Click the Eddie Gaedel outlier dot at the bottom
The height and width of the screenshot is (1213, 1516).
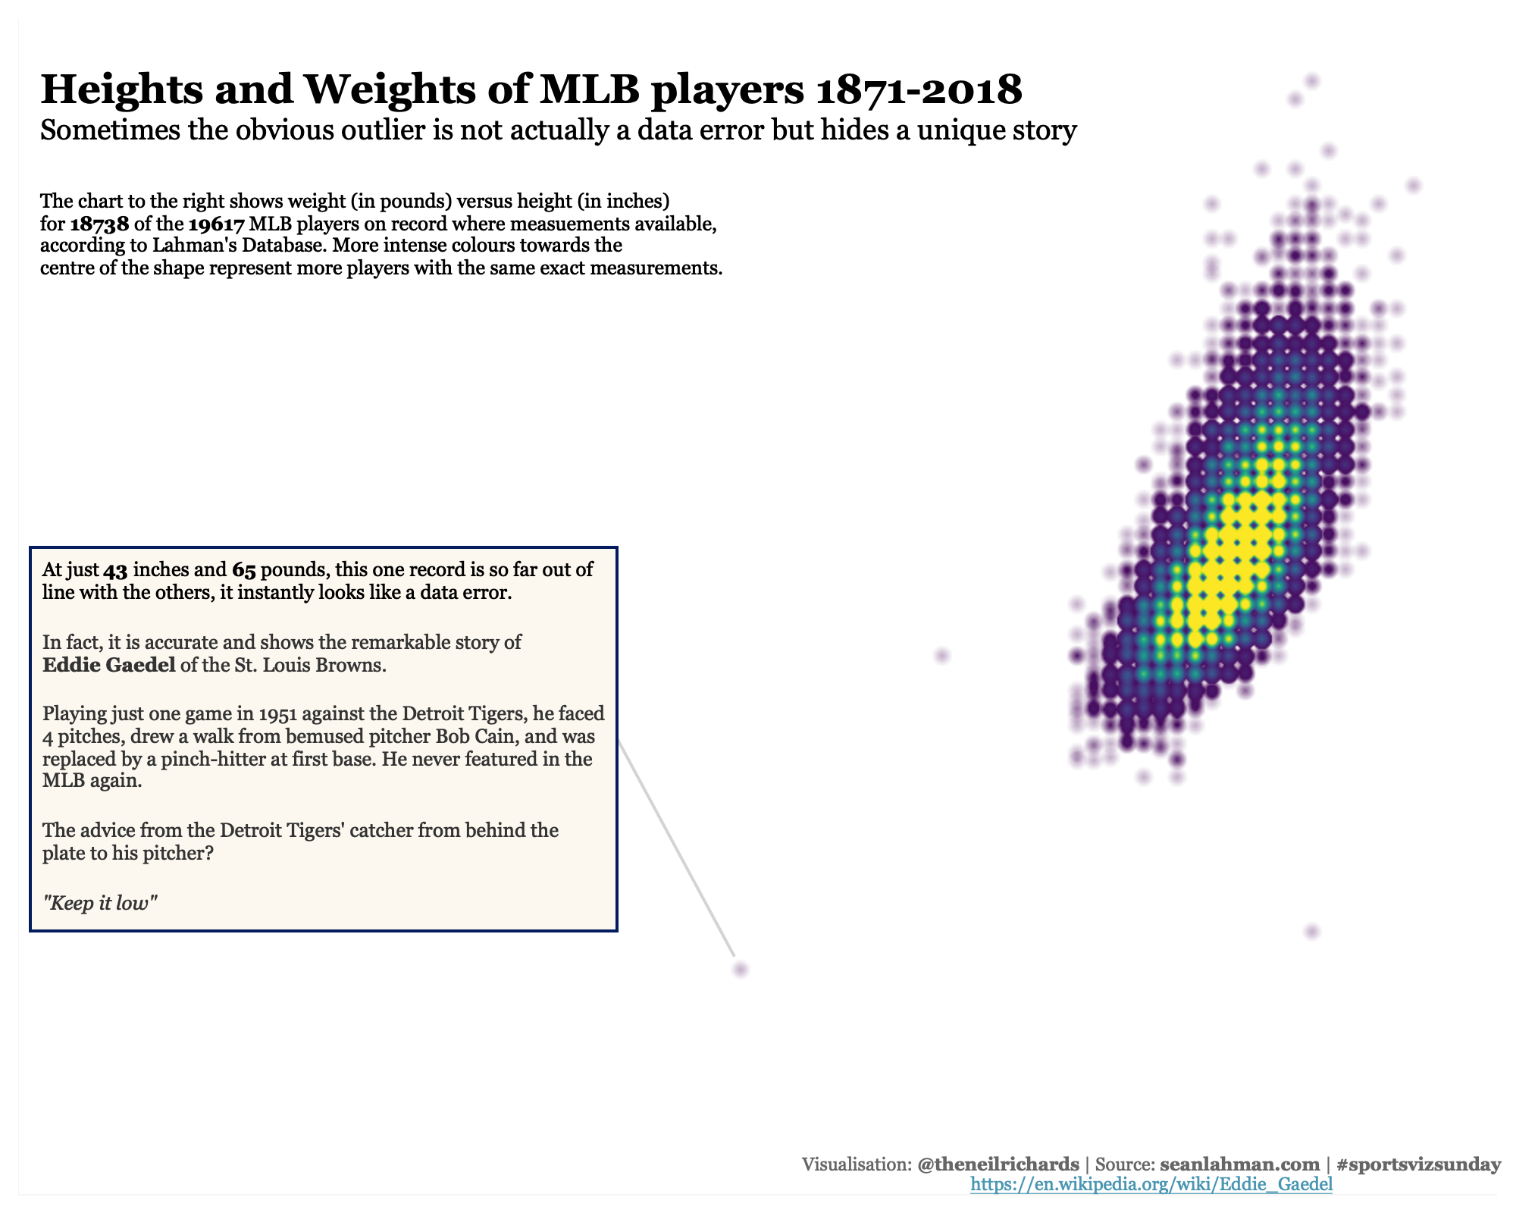(x=741, y=969)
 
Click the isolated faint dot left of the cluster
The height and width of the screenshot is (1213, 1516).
(x=942, y=655)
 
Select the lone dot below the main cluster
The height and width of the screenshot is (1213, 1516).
(x=1313, y=931)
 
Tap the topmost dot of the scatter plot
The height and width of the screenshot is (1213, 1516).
(x=1313, y=80)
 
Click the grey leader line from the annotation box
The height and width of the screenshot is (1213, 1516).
(x=677, y=848)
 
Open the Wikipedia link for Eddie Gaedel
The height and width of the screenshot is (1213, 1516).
(x=1151, y=1184)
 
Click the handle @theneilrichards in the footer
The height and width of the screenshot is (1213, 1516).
(x=998, y=1164)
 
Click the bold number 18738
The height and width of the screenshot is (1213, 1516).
(x=99, y=224)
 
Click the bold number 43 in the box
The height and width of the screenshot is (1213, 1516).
(x=115, y=570)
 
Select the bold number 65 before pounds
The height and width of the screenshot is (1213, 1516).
(x=243, y=570)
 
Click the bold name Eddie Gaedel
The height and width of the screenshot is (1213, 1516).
(x=108, y=666)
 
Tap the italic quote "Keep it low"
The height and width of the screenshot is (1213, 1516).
(x=100, y=903)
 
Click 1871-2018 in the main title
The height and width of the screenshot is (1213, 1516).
(x=919, y=89)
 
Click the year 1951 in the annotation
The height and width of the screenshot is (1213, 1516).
(x=277, y=714)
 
